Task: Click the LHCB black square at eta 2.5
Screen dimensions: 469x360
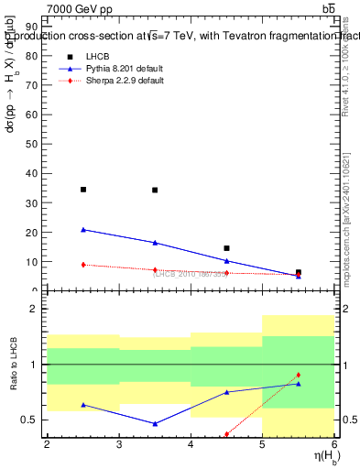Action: point(83,190)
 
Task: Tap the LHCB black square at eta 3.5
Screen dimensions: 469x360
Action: point(155,191)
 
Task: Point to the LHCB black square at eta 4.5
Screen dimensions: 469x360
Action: point(226,248)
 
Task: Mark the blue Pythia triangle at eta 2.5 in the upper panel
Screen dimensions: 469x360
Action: point(83,230)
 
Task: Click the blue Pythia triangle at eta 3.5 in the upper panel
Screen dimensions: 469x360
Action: point(155,243)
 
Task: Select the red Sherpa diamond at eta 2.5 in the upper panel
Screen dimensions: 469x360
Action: point(83,265)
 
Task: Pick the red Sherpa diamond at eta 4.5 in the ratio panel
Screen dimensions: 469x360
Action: point(226,434)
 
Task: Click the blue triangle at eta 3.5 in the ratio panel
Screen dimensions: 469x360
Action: point(155,424)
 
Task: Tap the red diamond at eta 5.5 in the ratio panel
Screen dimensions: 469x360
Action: point(298,376)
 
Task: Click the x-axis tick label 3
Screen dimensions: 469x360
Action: point(119,444)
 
